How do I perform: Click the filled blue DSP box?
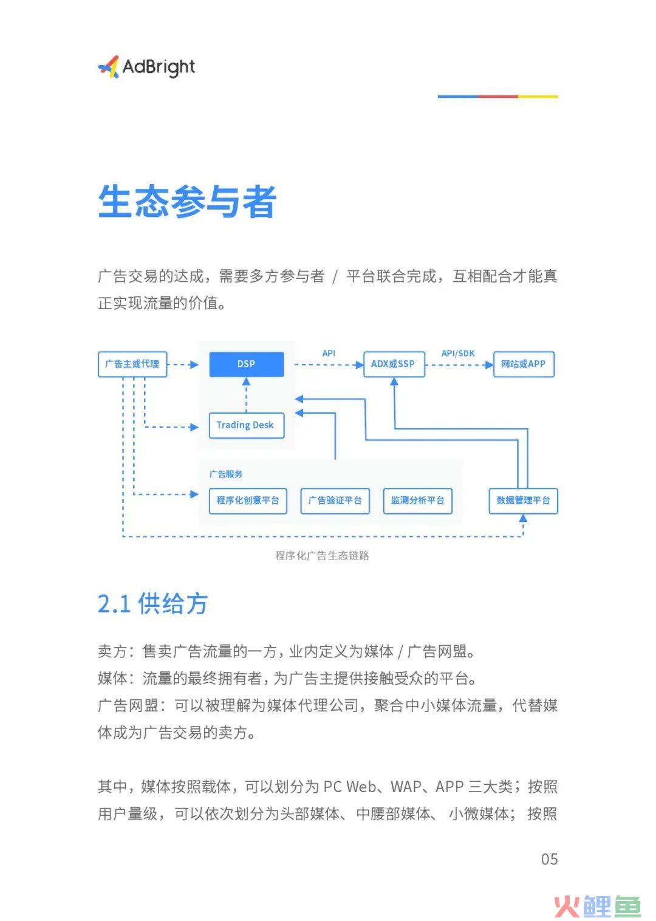pos(247,364)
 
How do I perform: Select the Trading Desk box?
pos(247,425)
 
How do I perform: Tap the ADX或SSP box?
pos(394,364)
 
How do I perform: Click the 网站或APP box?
pos(524,364)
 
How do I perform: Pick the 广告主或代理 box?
pos(132,364)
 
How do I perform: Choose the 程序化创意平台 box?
pos(248,501)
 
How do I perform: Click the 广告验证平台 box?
pos(335,501)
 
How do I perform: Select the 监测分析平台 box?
pos(418,501)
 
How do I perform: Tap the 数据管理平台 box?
pos(523,501)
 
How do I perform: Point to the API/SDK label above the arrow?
pos(458,353)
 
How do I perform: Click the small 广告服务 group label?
pos(226,474)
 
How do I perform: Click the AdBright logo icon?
pos(109,67)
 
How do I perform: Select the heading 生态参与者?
pos(187,201)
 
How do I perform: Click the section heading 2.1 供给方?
pos(152,604)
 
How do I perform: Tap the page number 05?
pos(550,859)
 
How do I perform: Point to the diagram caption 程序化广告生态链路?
pos(323,555)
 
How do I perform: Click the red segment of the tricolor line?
pos(497,97)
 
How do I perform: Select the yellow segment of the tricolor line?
pos(538,97)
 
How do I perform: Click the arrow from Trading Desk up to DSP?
pos(246,395)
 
